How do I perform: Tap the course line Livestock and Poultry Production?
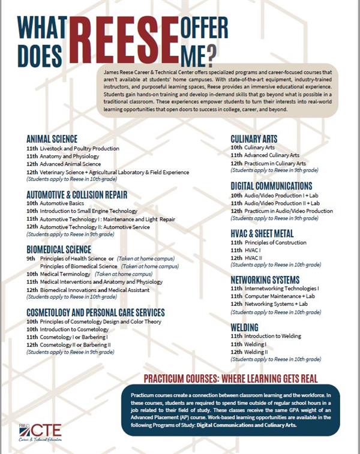pos(72,148)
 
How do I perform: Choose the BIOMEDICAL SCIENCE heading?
pos(59,249)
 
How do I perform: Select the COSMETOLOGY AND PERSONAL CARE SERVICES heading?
pos(95,312)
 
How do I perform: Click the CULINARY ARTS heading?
pos(254,139)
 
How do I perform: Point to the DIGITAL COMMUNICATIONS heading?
pos(271,186)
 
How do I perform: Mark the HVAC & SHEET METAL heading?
pos(262,233)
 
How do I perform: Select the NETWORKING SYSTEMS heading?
pos(265,279)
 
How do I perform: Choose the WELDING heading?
pos(244,327)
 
